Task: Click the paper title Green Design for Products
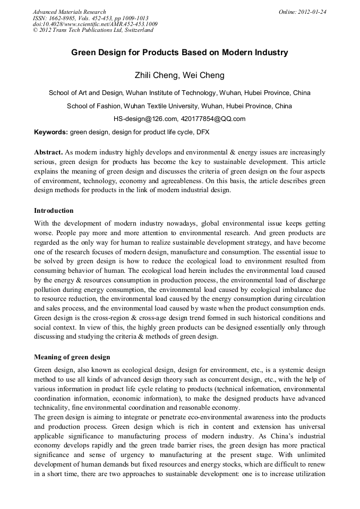point(179,53)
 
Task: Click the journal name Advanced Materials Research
point(70,12)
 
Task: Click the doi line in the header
point(95,24)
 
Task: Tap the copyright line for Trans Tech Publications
point(93,30)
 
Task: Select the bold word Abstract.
point(48,152)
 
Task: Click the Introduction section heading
point(54,211)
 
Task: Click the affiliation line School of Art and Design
point(179,93)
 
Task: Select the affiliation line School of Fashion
point(179,106)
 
